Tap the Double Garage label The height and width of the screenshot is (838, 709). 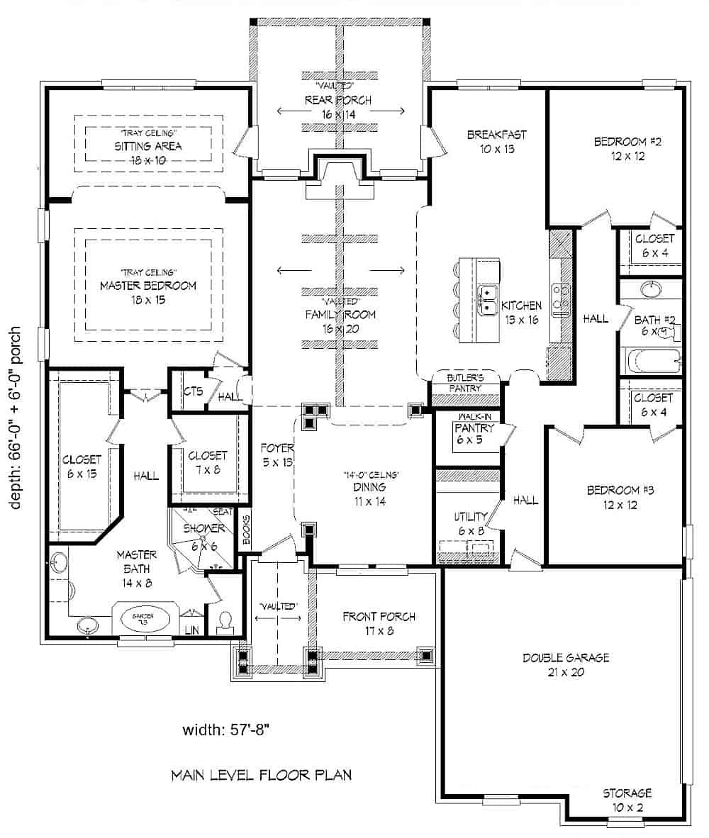[556, 664]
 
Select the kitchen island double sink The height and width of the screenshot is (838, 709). [488, 301]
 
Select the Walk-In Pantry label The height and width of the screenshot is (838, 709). [469, 428]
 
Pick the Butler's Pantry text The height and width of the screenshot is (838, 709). [464, 384]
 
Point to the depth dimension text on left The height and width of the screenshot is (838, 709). [16, 418]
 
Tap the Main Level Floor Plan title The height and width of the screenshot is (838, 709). [261, 775]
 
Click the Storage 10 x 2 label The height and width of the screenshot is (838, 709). [627, 798]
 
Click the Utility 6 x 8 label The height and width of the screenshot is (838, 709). [471, 523]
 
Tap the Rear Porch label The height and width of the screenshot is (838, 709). [337, 106]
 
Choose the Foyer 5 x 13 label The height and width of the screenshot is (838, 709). [273, 454]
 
